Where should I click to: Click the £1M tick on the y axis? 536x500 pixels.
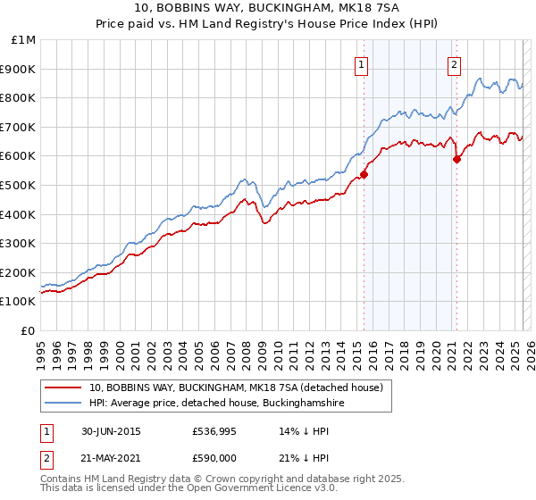pos(23,40)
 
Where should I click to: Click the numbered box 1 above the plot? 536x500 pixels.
pos(362,63)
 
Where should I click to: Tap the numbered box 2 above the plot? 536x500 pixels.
pos(455,63)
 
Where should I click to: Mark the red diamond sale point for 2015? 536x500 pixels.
pos(364,175)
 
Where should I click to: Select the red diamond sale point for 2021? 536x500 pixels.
pos(456,160)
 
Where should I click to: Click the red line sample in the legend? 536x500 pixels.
pos(64,387)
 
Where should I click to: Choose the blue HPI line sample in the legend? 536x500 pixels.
pos(64,404)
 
